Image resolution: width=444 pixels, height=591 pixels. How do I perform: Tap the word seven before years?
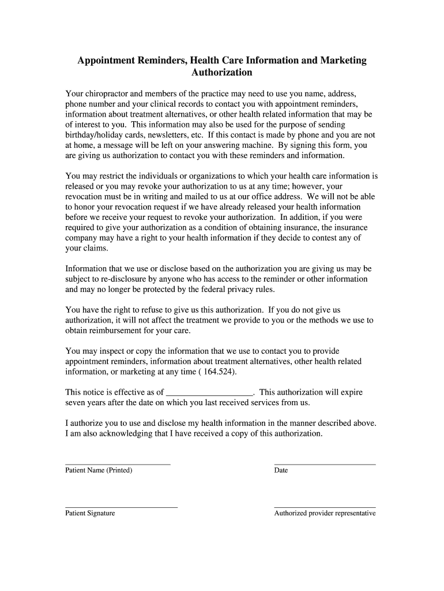(x=76, y=402)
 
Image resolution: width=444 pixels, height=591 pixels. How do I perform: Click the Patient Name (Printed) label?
(x=99, y=470)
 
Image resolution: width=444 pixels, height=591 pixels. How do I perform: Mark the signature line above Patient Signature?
(x=121, y=507)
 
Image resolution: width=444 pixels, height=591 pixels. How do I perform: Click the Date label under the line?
(x=281, y=470)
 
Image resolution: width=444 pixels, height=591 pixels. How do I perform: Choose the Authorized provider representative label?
(x=325, y=513)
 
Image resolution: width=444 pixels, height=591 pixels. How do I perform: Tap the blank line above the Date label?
(x=325, y=464)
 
